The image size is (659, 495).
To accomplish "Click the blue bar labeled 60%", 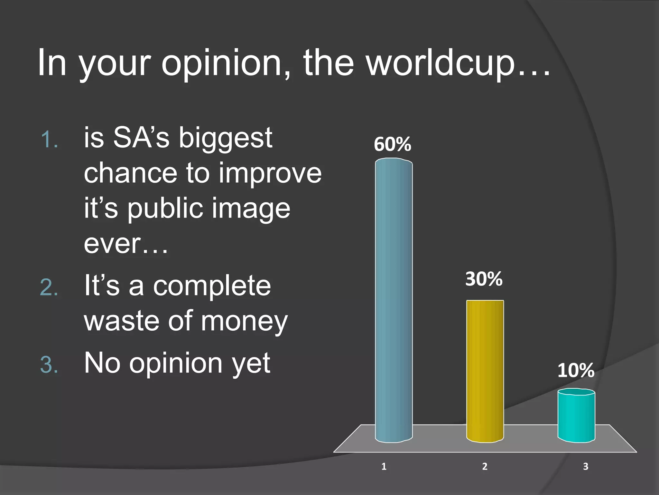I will pos(394,300).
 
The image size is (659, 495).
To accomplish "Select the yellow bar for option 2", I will pos(485,371).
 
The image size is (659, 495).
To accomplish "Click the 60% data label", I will pos(392,144).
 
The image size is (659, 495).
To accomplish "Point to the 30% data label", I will pos(484,279).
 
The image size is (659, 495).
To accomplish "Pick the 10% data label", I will pos(576,370).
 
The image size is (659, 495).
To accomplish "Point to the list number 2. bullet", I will pos(49,287).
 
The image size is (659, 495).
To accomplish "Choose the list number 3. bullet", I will pos(49,365).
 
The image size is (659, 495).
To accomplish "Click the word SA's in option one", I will pos(141,138).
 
